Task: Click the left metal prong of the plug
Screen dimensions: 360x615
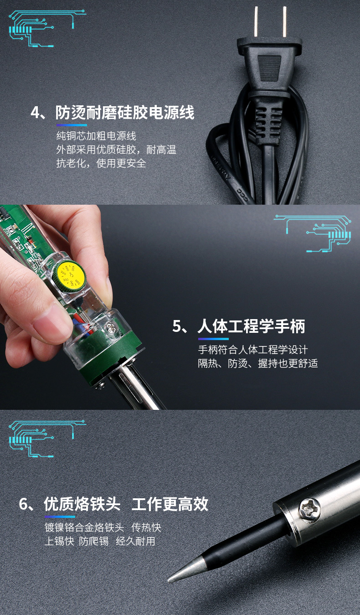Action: [x=256, y=22]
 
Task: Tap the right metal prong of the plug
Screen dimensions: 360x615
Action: [x=284, y=22]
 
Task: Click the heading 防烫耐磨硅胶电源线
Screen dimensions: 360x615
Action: [x=125, y=112]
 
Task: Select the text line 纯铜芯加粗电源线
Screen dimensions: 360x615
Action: [x=96, y=136]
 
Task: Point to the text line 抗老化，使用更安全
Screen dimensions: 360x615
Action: [x=101, y=163]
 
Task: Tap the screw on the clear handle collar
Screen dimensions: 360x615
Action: [x=111, y=327]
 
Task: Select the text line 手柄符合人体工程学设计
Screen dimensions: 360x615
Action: [x=253, y=350]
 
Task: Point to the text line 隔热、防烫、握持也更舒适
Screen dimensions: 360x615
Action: [x=258, y=363]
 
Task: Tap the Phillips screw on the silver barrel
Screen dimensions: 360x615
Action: [x=309, y=509]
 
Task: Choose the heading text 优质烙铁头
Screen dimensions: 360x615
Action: [x=82, y=504]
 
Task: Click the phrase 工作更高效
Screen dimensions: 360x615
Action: [x=170, y=504]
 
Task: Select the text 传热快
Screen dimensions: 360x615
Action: [x=146, y=527]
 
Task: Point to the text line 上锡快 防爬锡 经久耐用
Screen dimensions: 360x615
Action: [x=100, y=541]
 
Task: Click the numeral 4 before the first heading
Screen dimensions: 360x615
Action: [x=36, y=113]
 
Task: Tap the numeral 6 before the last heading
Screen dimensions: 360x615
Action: [x=24, y=504]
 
